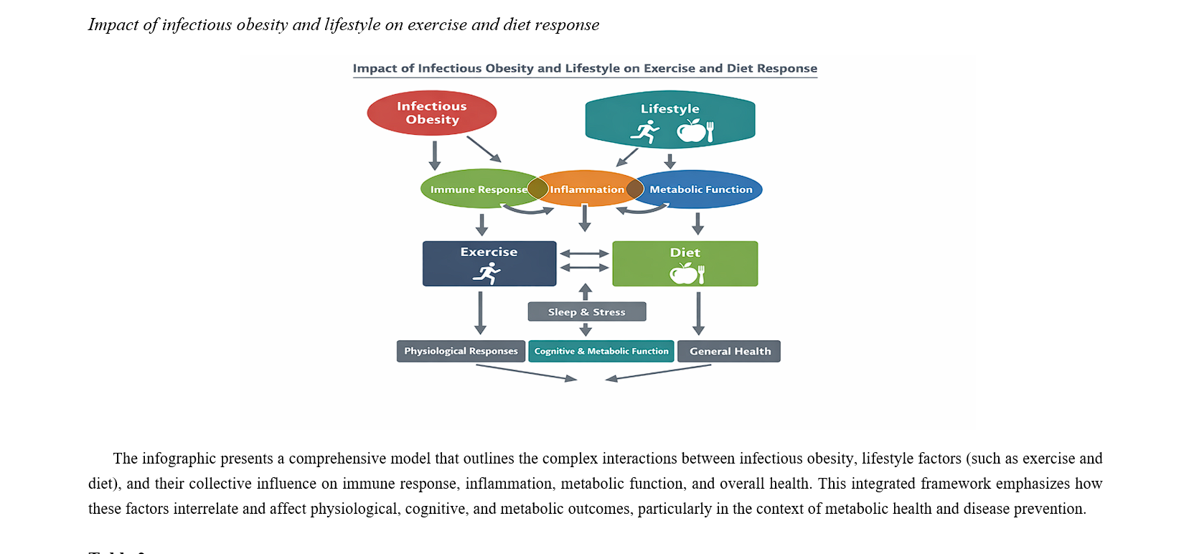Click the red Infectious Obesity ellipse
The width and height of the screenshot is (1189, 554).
(431, 113)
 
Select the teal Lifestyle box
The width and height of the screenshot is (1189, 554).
(669, 118)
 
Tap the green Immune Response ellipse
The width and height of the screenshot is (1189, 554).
(474, 189)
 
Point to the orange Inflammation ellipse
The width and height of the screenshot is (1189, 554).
(586, 189)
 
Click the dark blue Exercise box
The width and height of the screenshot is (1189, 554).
(489, 263)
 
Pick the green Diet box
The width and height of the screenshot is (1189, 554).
(685, 263)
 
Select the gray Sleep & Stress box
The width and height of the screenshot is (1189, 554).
(586, 311)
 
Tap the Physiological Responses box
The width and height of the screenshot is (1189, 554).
(461, 351)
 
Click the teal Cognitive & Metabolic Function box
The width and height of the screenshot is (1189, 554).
(601, 351)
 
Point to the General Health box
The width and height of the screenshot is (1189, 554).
(729, 351)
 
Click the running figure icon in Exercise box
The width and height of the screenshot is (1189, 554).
(487, 273)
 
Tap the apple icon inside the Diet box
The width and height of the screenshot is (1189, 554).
(682, 273)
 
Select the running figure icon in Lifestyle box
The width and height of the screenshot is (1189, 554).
(645, 131)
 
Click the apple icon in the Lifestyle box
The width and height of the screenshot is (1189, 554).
(691, 131)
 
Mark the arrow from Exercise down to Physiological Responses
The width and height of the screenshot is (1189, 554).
(480, 312)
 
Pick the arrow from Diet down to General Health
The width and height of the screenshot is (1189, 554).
(698, 312)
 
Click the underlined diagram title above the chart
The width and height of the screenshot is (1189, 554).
(585, 68)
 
